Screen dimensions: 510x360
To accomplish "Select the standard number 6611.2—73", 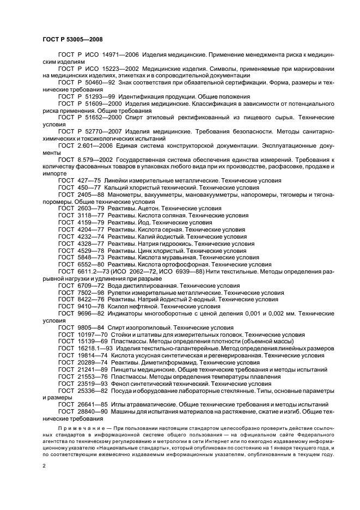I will [91, 271].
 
